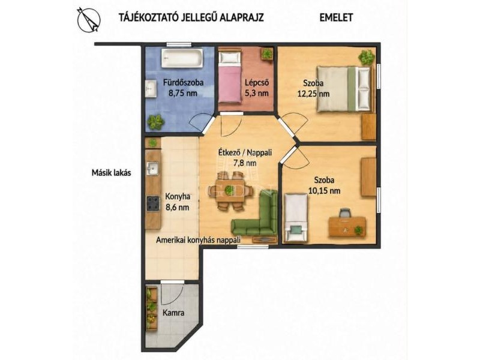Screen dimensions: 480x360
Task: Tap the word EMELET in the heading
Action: click(336, 17)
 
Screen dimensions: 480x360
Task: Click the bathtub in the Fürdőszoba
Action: click(182, 58)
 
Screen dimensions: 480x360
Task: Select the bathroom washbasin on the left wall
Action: click(151, 88)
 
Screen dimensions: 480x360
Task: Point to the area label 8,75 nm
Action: click(183, 93)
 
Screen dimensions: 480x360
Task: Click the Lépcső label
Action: click(257, 82)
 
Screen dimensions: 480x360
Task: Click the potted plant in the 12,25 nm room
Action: click(367, 57)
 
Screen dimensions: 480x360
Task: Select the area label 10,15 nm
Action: click(324, 191)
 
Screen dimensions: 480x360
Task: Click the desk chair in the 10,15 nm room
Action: click(345, 212)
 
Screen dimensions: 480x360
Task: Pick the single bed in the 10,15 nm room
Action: click(296, 218)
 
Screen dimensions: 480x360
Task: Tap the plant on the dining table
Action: click(229, 191)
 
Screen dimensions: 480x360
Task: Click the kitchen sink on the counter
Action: click(152, 168)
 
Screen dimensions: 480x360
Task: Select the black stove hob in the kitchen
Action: click(153, 203)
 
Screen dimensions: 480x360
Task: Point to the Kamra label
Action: click(173, 313)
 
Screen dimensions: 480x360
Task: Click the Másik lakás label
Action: click(112, 173)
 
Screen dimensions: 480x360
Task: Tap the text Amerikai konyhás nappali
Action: click(198, 240)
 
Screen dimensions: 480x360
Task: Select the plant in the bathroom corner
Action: click(156, 122)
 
